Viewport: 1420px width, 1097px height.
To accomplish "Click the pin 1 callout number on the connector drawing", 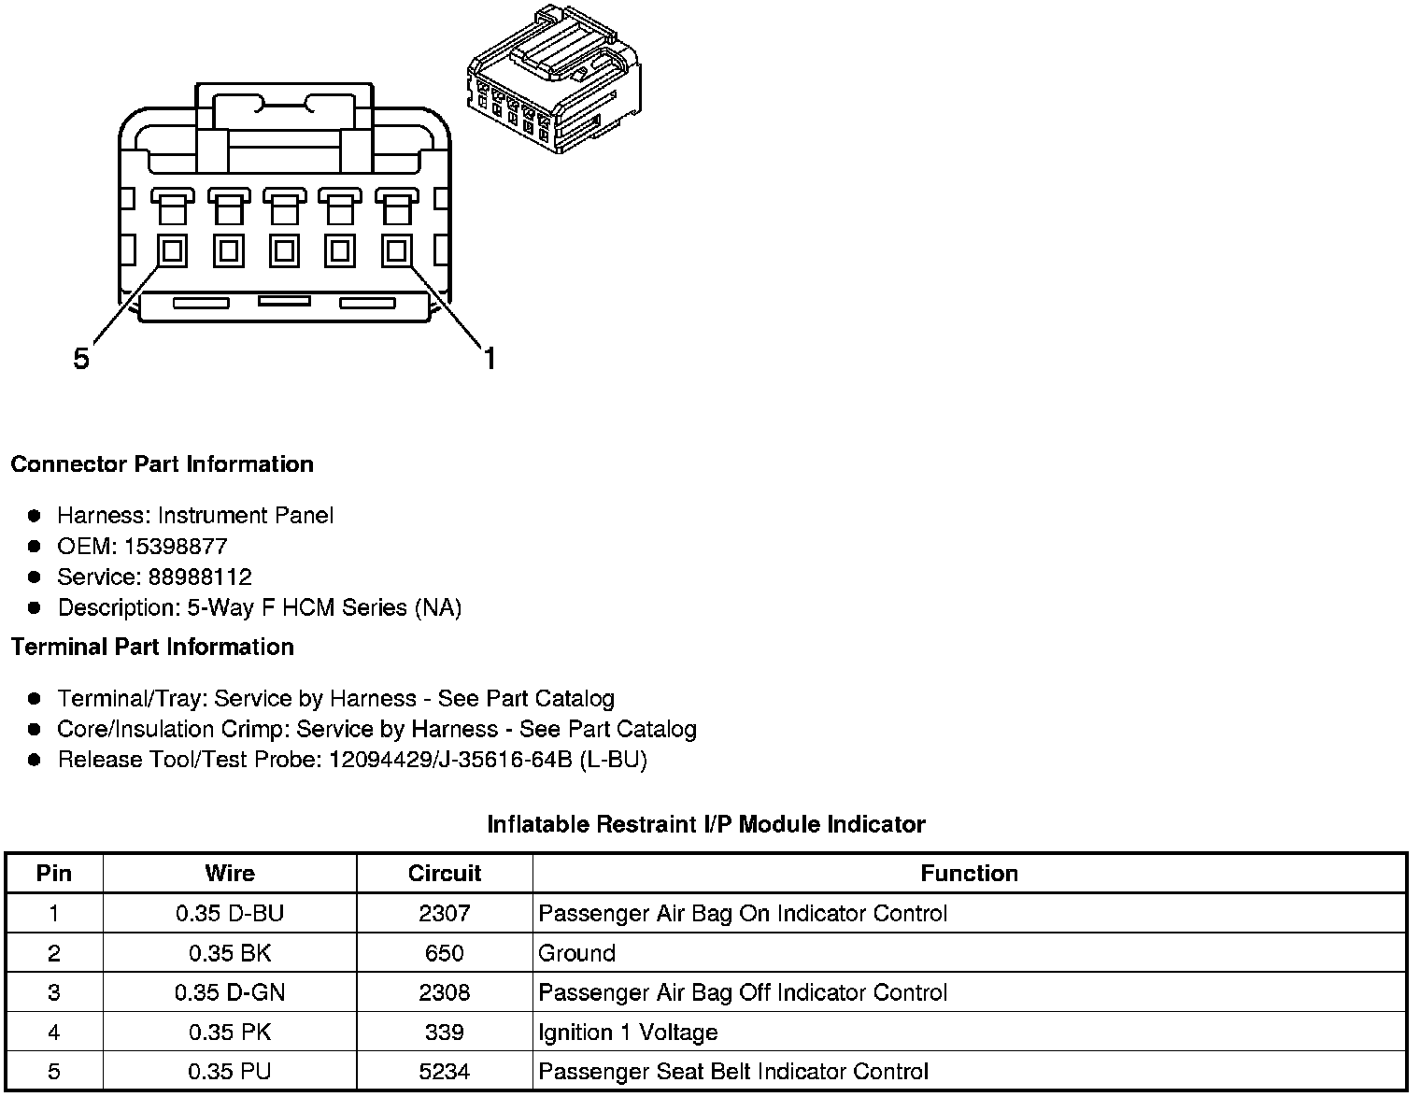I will click(x=490, y=358).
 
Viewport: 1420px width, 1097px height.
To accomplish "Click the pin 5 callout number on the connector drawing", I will click(x=82, y=358).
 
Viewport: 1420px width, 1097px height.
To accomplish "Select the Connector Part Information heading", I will click(x=162, y=464).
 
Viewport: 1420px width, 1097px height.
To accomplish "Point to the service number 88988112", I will click(x=200, y=577).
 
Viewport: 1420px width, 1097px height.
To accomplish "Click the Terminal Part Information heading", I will click(x=152, y=647).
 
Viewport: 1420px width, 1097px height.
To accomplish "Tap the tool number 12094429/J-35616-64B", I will click(x=450, y=760).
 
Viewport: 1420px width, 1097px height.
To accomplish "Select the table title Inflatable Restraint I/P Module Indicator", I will click(x=706, y=824).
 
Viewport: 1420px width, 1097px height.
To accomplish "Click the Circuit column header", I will click(x=445, y=874).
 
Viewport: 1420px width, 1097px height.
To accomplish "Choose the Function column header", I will click(x=969, y=874).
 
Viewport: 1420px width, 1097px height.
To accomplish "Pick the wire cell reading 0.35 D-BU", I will click(x=230, y=914).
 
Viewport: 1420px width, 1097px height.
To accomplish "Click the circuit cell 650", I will click(x=445, y=953).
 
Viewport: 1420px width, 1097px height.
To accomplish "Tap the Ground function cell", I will click(x=577, y=953).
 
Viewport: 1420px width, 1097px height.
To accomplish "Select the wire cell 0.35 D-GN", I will click(x=230, y=992).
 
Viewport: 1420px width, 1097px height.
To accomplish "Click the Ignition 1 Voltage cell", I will click(x=628, y=1033).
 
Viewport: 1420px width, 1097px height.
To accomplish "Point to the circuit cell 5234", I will click(x=445, y=1072).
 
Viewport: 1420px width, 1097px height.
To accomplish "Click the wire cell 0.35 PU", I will click(x=230, y=1072).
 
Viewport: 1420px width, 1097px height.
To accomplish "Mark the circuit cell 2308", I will click(x=445, y=992).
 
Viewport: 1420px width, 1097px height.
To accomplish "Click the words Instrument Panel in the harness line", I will click(x=246, y=516).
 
